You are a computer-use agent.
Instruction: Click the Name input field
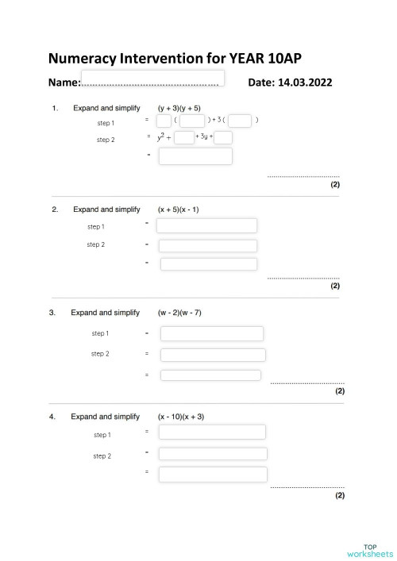tap(152, 78)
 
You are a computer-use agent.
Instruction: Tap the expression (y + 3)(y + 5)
tap(179, 108)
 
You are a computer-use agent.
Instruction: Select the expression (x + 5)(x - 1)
tap(179, 209)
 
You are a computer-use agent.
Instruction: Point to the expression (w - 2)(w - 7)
tap(180, 313)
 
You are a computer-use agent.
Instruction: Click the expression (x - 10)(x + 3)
tap(181, 417)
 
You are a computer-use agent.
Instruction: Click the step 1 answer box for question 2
tap(206, 226)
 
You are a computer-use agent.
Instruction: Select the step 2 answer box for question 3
tap(213, 355)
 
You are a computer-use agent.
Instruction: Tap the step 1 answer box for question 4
tap(212, 432)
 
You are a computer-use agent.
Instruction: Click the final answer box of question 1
tap(195, 156)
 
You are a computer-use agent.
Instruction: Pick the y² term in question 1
tap(160, 138)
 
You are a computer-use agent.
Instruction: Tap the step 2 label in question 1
tap(106, 140)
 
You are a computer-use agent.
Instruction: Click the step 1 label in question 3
tap(100, 333)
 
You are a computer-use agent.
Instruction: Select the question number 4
tap(52, 417)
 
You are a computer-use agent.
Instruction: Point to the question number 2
tap(55, 209)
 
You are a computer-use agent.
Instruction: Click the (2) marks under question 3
tap(340, 390)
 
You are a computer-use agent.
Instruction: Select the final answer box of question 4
tap(212, 475)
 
